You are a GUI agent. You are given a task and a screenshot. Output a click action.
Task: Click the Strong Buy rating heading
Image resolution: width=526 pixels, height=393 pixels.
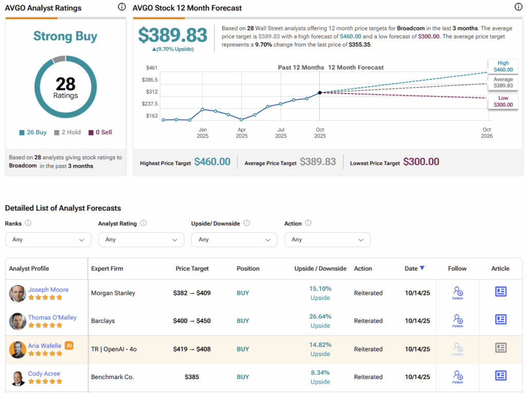(x=65, y=37)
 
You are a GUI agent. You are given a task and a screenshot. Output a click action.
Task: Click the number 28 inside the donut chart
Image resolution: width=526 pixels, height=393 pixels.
(x=65, y=84)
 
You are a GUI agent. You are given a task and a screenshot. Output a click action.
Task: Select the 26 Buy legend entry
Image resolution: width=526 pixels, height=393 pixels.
(x=33, y=132)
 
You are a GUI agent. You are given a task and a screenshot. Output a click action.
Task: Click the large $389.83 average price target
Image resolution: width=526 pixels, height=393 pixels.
(x=173, y=35)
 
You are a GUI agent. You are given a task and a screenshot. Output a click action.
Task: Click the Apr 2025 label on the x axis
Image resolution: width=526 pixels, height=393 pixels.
(x=241, y=133)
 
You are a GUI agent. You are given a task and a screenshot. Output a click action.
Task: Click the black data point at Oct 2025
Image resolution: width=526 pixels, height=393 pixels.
(x=320, y=93)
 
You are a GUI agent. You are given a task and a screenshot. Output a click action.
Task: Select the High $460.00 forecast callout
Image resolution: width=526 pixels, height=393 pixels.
(x=503, y=66)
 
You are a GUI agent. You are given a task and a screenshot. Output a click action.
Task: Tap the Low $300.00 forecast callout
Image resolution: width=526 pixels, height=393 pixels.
(x=503, y=101)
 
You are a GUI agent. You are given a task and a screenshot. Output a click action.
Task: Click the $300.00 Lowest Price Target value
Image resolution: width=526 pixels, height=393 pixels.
(x=421, y=162)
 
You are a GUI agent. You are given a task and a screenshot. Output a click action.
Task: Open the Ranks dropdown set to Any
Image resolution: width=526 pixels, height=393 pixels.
(x=48, y=240)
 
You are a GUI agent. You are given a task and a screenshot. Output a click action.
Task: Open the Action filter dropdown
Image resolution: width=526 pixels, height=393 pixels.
(x=327, y=240)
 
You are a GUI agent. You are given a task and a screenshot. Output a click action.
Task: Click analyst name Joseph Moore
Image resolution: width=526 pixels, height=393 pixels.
(x=48, y=290)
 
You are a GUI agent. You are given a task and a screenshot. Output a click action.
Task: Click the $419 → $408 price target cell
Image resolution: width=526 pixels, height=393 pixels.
(x=192, y=349)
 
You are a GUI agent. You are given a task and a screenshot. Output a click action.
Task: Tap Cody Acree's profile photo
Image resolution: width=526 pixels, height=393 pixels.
(x=17, y=378)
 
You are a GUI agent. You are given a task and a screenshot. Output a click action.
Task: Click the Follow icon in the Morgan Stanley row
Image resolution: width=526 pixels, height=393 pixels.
(x=457, y=292)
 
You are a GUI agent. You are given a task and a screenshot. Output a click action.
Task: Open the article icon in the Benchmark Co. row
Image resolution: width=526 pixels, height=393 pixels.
(x=500, y=376)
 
